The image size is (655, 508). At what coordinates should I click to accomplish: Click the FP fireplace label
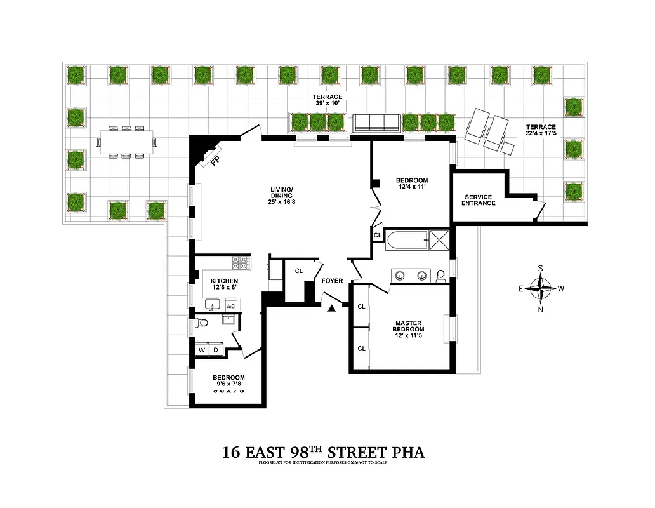tap(215, 161)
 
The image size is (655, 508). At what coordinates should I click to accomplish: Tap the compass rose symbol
tap(540, 288)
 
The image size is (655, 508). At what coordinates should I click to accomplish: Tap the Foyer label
tap(332, 281)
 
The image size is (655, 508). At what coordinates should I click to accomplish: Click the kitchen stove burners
tap(241, 260)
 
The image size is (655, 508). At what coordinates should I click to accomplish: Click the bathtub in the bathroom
tap(406, 240)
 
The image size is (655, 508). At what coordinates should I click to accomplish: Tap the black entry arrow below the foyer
tap(331, 309)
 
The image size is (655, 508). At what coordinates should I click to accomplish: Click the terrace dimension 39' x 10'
tap(327, 104)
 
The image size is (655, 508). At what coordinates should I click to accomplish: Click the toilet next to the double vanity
tap(440, 276)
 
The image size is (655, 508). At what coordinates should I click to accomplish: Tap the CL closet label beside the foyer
tap(299, 271)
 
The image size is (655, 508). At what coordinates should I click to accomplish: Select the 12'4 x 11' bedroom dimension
tap(411, 187)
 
